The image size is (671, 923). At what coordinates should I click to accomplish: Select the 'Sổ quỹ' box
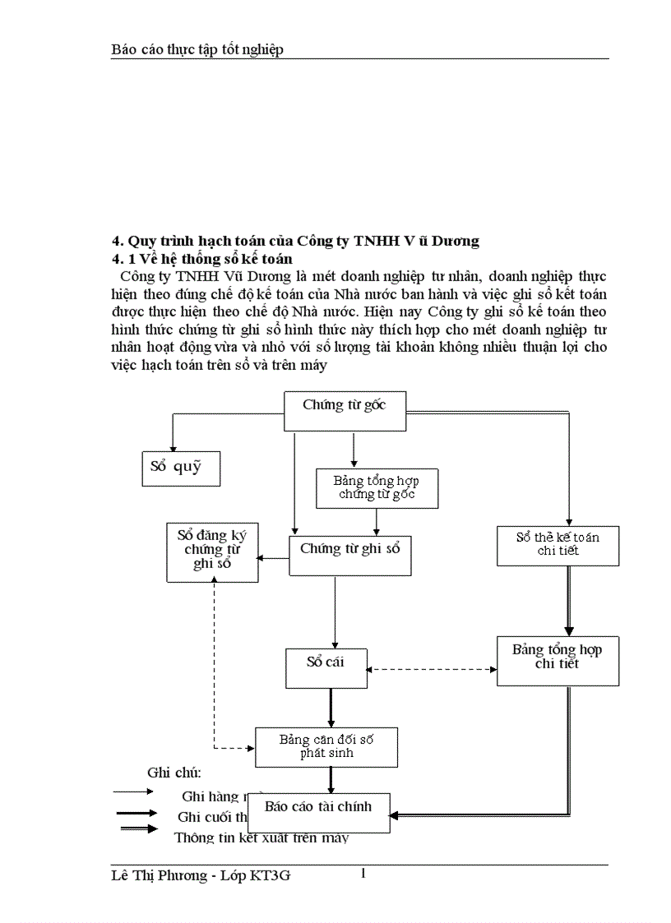[x=179, y=467]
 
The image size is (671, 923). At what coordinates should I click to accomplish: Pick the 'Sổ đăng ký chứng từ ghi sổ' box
[x=212, y=551]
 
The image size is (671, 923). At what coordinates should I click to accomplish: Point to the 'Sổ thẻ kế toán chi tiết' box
[x=558, y=544]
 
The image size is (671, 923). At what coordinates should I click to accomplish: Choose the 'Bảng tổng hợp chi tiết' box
[x=558, y=661]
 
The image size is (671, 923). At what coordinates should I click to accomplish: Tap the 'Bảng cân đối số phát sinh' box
[x=326, y=746]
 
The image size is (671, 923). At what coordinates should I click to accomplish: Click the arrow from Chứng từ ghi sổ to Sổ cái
[x=335, y=612]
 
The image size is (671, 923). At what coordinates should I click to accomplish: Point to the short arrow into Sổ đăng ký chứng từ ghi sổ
[x=274, y=558]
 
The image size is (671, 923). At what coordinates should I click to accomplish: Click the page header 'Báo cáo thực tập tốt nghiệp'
[x=197, y=50]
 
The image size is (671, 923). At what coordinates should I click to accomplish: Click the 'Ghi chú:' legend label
[x=174, y=773]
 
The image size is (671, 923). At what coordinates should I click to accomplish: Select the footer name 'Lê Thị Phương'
[x=159, y=876]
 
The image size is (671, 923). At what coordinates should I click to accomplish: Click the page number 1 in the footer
[x=363, y=874]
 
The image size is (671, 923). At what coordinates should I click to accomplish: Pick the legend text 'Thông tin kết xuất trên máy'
[x=261, y=838]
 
